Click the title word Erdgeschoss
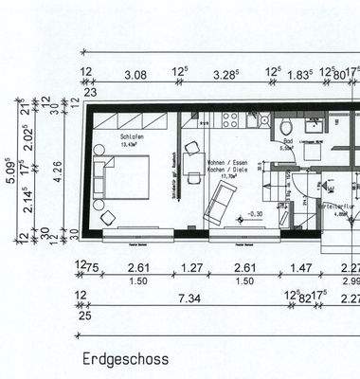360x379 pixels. (x=124, y=359)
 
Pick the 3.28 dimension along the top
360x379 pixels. (x=224, y=73)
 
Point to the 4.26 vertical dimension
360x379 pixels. (x=59, y=171)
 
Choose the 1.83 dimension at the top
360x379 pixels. (x=299, y=73)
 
